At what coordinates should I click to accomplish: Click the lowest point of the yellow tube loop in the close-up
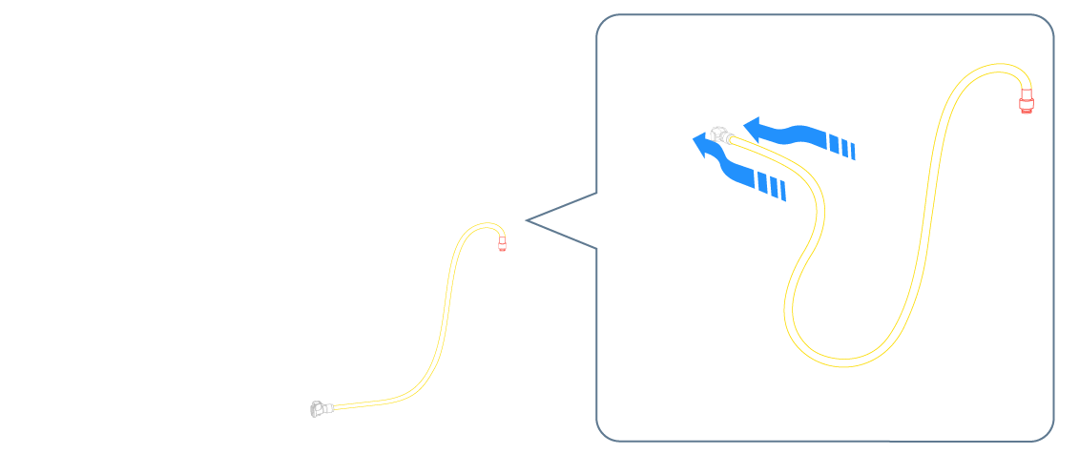click(x=840, y=361)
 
